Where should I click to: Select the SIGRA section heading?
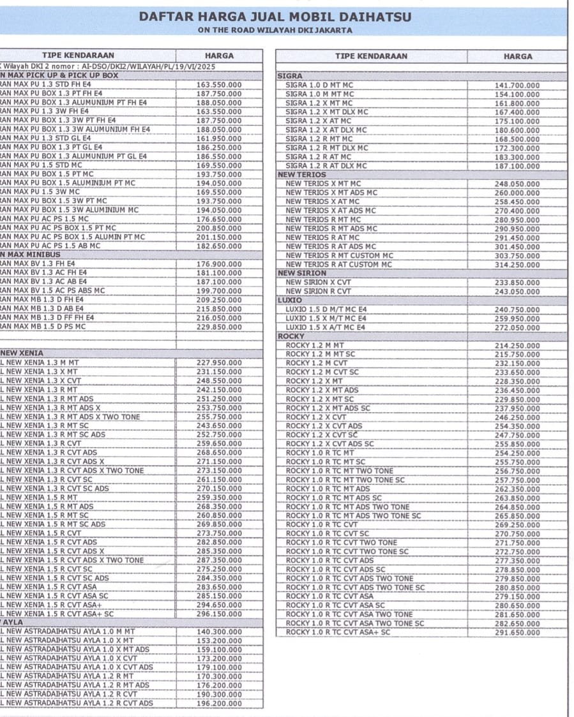pyautogui.click(x=291, y=76)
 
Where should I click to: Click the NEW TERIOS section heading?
pyautogui.click(x=302, y=174)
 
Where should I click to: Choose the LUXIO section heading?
pyautogui.click(x=289, y=299)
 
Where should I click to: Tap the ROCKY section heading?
pyautogui.click(x=291, y=336)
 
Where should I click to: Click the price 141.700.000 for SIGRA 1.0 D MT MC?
pyautogui.click(x=517, y=85)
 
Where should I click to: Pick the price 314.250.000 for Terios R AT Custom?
pyautogui.click(x=517, y=265)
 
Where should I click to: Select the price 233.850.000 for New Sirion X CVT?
pyautogui.click(x=517, y=283)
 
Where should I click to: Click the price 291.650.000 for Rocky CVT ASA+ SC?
pyautogui.click(x=517, y=633)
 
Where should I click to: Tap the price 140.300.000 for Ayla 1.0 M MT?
pyautogui.click(x=218, y=632)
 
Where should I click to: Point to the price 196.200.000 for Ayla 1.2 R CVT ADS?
pyautogui.click(x=218, y=704)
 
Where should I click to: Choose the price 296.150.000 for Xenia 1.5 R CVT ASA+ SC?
pyautogui.click(x=218, y=614)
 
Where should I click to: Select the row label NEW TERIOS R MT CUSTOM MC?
pyautogui.click(x=339, y=256)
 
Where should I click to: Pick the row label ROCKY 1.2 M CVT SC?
pyautogui.click(x=322, y=372)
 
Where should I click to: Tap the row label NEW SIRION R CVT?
pyautogui.click(x=318, y=292)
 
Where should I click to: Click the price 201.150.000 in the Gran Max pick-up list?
pyautogui.click(x=218, y=237)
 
